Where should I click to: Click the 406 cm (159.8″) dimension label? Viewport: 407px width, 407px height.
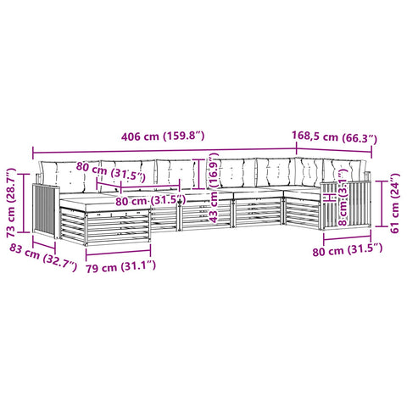click(163, 137)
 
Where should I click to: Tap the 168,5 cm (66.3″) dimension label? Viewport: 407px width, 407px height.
click(334, 137)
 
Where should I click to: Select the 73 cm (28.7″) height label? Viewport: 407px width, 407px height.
click(12, 203)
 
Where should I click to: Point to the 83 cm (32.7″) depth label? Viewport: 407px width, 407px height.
click(43, 257)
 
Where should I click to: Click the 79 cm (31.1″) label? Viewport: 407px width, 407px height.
click(121, 267)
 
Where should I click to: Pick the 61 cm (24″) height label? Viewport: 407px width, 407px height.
click(395, 203)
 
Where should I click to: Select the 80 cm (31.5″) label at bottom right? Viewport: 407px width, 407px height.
click(348, 250)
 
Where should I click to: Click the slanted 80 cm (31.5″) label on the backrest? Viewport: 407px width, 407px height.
click(111, 171)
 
